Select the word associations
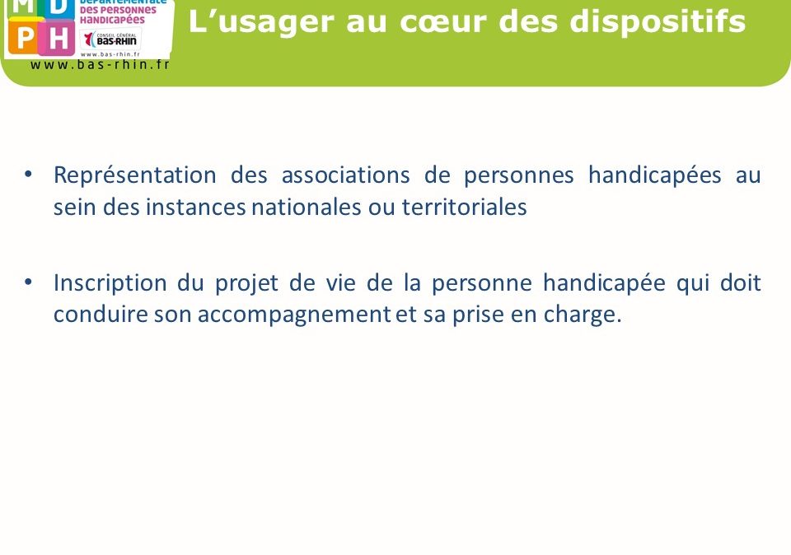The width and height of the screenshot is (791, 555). [x=345, y=175]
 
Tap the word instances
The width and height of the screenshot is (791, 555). [x=196, y=208]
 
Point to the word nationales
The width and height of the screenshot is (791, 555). [x=307, y=208]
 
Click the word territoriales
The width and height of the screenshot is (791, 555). [x=464, y=208]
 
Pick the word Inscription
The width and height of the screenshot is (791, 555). [x=110, y=283]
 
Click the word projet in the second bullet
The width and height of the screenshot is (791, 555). [x=246, y=283]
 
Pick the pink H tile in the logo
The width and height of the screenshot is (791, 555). [x=58, y=38]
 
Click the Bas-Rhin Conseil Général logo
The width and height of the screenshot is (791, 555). [x=110, y=39]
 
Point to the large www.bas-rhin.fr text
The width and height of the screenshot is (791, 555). [x=100, y=64]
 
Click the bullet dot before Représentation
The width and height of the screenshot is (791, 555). [x=28, y=175]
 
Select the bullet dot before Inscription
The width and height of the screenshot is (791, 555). [x=28, y=282]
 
